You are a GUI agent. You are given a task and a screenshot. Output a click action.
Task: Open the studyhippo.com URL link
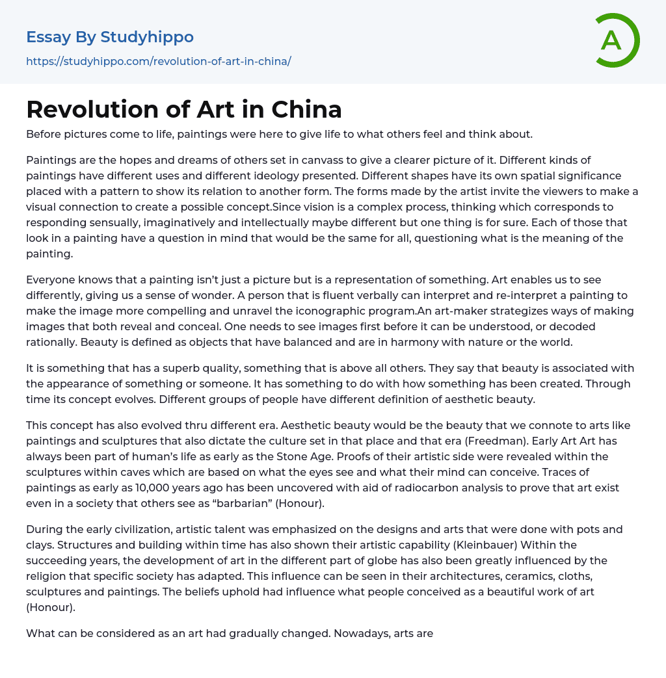click(158, 62)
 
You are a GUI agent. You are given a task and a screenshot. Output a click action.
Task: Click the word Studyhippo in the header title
click(147, 37)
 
